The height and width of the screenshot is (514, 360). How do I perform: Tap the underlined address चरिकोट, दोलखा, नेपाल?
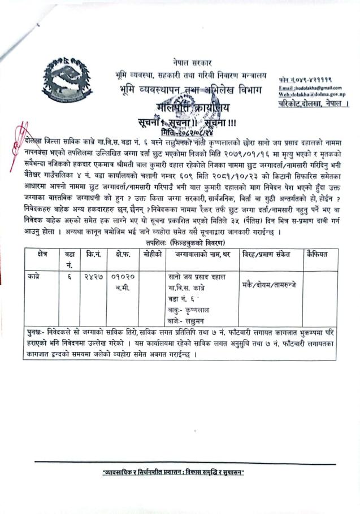tap(314, 104)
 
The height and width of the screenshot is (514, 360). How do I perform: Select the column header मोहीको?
tap(152, 255)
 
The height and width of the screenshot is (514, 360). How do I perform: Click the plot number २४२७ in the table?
tap(93, 277)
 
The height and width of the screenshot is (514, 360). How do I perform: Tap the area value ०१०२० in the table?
tap(123, 277)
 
